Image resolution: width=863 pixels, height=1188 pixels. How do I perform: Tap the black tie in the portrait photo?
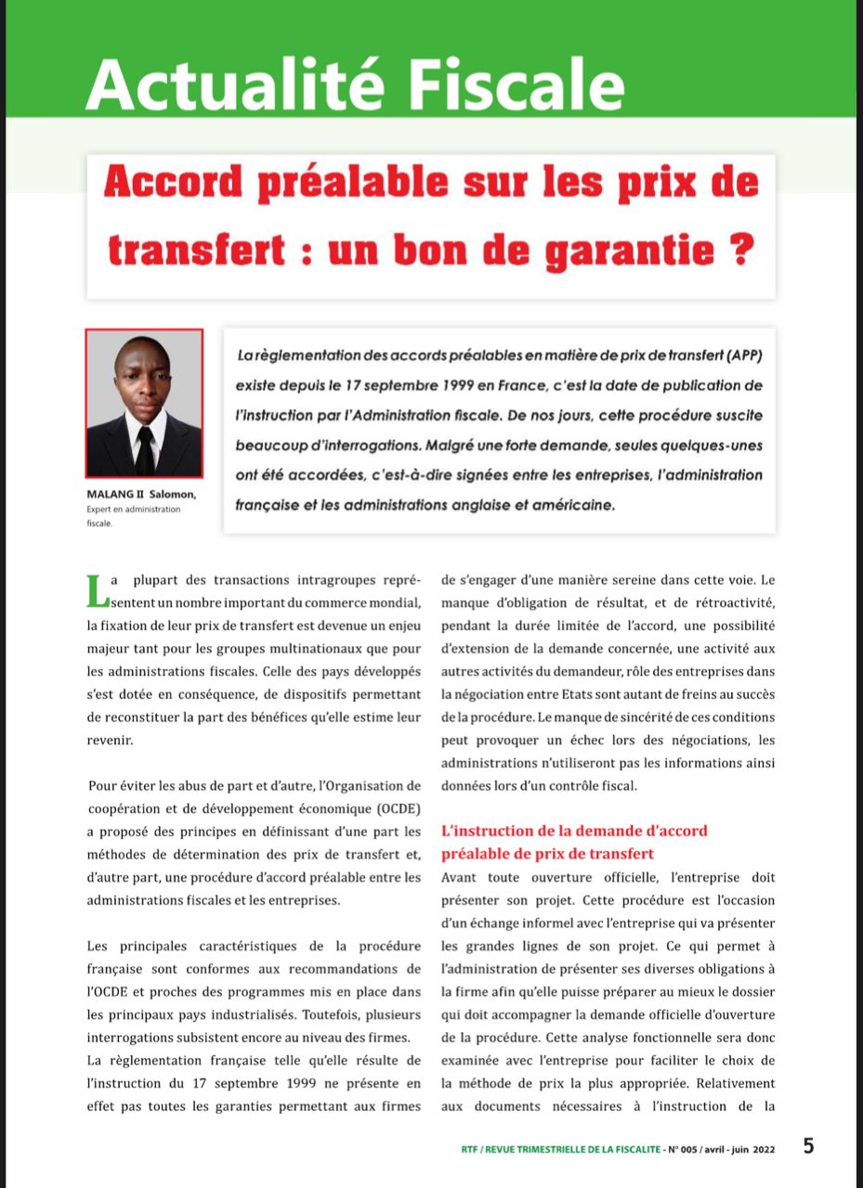tap(144, 450)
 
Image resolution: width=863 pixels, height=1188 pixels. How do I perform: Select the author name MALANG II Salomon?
tap(140, 495)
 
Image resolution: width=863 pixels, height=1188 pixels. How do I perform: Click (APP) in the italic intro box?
tap(740, 355)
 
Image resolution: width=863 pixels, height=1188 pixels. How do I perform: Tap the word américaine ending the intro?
tap(571, 506)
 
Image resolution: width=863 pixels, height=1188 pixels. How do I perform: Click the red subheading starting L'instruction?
tap(574, 841)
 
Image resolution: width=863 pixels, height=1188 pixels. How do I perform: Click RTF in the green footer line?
tap(470, 1148)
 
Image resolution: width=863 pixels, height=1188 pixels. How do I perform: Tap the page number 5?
tap(808, 1146)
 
